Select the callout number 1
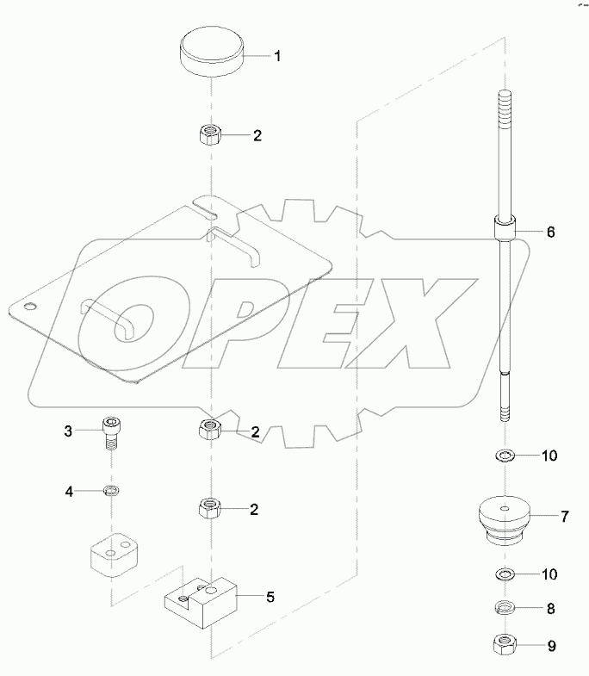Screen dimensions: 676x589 click(x=278, y=56)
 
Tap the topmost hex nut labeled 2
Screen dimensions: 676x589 click(x=210, y=135)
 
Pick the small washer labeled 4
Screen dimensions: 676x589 click(x=110, y=491)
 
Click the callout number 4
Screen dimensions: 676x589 click(x=70, y=492)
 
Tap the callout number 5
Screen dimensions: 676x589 click(x=270, y=595)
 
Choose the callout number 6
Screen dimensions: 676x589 click(x=551, y=233)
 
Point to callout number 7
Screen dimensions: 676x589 click(x=564, y=517)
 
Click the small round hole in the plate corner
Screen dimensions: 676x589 click(x=31, y=306)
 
